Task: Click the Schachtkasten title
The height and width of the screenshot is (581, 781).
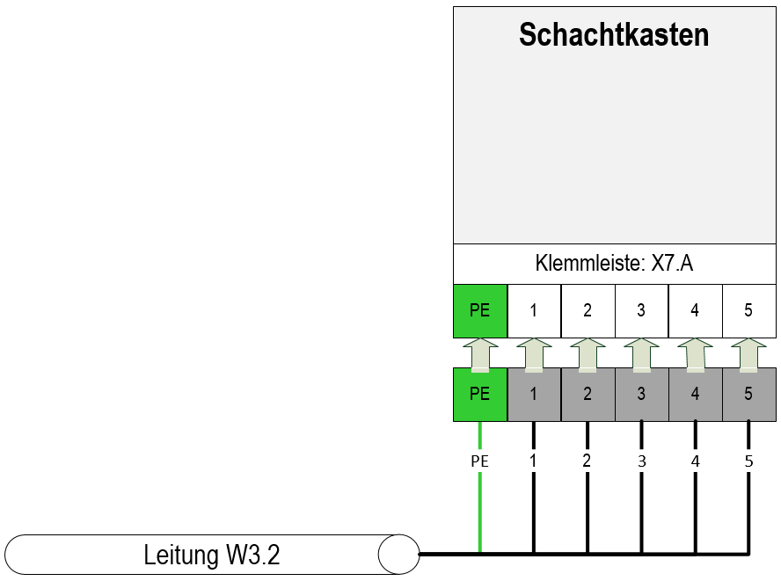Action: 614,35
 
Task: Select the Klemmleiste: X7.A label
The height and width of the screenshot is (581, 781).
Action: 614,263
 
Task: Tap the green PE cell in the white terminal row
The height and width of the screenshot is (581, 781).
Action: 480,310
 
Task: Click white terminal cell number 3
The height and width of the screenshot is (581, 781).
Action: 641,310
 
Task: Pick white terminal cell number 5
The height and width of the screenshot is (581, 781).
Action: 749,310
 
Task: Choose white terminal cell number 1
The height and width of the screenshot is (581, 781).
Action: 534,310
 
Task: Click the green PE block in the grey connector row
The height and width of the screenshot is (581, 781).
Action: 480,395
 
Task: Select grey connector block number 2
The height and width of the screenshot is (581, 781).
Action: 588,395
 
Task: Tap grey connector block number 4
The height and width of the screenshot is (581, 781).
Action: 696,395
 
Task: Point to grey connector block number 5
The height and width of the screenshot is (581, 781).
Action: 749,395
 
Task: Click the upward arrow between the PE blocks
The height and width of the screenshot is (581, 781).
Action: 480,355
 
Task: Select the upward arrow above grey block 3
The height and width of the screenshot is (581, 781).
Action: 641,355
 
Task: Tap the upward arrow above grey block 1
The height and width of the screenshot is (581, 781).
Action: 534,355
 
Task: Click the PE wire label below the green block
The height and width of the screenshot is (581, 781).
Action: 479,461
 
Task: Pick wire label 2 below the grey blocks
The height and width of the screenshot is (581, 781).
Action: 588,461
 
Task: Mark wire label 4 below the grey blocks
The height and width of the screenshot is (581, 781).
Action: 696,461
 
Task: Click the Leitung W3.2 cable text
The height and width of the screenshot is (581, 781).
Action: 212,555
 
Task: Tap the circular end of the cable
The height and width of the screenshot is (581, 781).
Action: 398,554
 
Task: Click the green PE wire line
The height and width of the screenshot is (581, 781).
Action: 480,487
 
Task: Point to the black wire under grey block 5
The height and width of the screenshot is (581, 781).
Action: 748,487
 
